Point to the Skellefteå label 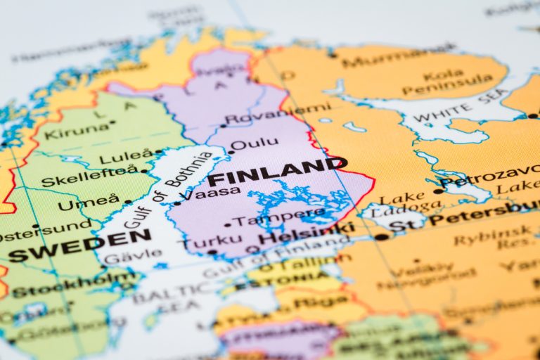89,176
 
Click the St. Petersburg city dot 381,237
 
